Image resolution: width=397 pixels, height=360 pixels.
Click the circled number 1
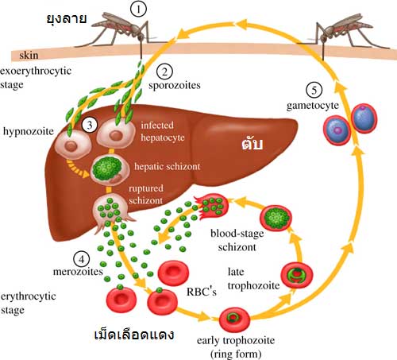pos(138,9)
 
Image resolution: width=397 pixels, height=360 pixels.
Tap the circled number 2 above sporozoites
pos(164,72)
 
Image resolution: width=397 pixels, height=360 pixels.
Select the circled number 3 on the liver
pos(90,125)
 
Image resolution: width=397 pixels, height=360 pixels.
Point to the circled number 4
pos(82,259)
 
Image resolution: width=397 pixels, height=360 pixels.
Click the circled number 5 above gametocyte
pos(314,90)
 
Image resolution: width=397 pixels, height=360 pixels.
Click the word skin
pos(29,55)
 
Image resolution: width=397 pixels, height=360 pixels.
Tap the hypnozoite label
pos(29,131)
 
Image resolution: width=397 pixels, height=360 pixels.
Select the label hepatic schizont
pos(168,167)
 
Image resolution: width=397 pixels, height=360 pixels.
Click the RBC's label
pos(202,292)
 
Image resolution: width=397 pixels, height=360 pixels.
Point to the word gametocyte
pos(313,106)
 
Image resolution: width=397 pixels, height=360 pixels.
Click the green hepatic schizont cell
pos(107,168)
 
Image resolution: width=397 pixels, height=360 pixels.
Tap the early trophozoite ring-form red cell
pos(234,319)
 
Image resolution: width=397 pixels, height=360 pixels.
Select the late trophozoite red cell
pos(297,276)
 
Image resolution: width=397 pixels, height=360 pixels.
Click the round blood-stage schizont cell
pos(276,218)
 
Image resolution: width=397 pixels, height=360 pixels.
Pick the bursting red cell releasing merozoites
pos(212,204)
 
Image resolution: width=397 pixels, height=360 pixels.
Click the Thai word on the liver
pos(252,143)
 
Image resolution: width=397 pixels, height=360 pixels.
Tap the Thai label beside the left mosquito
pos(67,19)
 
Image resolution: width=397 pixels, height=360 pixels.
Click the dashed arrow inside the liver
pos(77,169)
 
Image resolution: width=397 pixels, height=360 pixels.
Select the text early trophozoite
pos(236,340)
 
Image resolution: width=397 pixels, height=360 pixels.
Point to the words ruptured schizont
pos(146,194)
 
